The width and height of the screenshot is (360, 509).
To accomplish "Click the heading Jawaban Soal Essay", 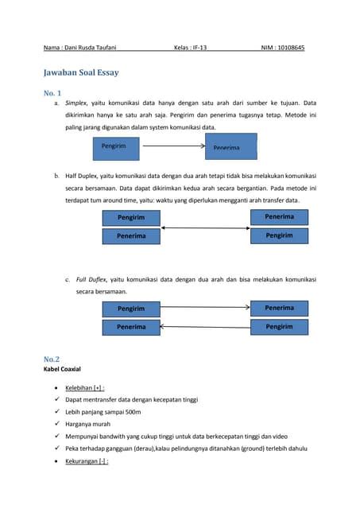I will tap(81, 72).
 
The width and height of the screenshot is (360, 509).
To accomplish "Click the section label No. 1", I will tap(55, 93).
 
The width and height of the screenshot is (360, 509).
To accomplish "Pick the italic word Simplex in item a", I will tap(75, 103).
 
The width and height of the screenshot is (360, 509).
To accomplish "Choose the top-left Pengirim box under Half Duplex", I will tap(131, 217).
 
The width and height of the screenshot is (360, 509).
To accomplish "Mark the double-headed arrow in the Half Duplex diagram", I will tap(205, 228).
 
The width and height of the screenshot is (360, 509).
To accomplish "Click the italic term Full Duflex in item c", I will tap(91, 280).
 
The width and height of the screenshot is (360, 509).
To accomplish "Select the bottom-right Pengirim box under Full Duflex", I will tap(279, 327).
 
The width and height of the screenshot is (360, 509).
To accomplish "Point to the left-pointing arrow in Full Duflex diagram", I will tap(205, 327).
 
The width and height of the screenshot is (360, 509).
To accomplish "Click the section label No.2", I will tap(52, 359).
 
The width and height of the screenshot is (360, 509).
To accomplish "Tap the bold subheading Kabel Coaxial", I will tap(62, 370).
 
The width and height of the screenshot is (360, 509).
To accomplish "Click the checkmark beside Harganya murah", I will tap(56, 424).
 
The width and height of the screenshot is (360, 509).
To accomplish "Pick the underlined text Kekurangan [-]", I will tap(87, 461).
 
